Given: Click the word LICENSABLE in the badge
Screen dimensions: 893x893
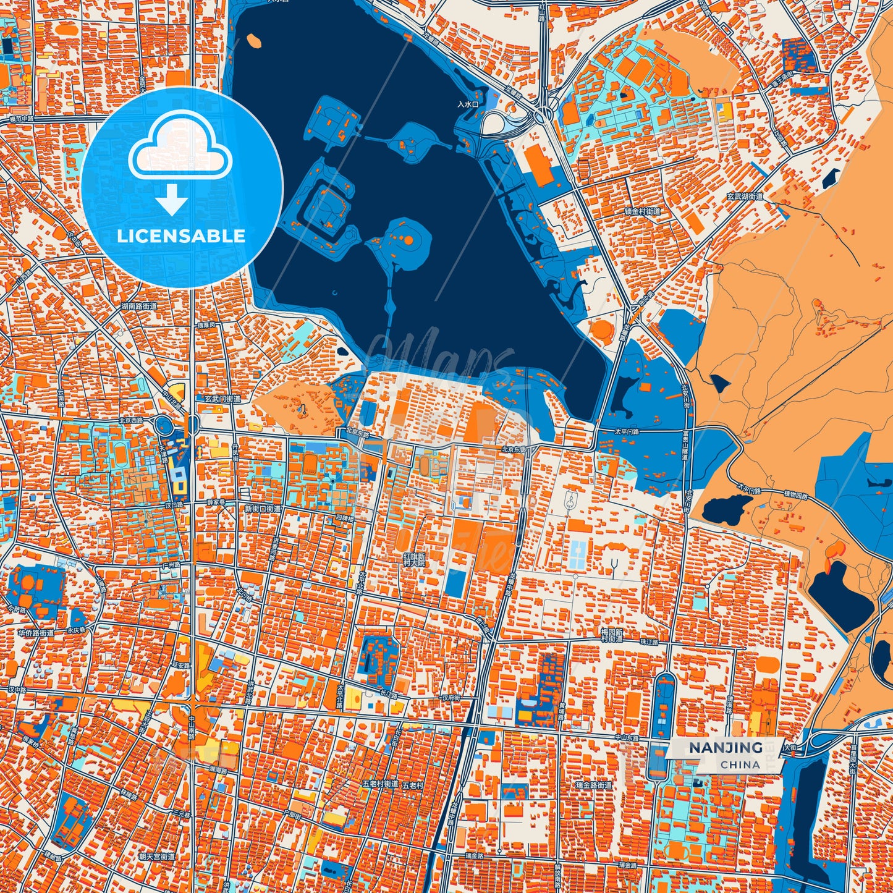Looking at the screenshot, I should pyautogui.click(x=181, y=236).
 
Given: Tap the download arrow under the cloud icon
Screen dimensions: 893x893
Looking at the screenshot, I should pyautogui.click(x=171, y=200).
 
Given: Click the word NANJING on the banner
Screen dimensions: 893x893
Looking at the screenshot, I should pyautogui.click(x=726, y=748).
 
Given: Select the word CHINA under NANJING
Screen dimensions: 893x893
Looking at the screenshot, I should pyautogui.click(x=740, y=764).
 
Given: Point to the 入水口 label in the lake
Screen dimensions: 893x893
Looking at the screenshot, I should pyautogui.click(x=468, y=104).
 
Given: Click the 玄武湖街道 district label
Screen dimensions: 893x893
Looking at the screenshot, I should pyautogui.click(x=745, y=197).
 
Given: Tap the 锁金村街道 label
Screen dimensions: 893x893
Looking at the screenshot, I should pyautogui.click(x=642, y=211).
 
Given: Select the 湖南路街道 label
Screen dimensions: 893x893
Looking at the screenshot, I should pyautogui.click(x=139, y=306).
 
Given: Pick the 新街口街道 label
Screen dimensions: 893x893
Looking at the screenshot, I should pyautogui.click(x=263, y=509).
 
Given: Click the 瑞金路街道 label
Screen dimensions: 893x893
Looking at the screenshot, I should pyautogui.click(x=593, y=785).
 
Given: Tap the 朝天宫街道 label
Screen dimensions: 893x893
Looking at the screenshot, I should pyautogui.click(x=157, y=857).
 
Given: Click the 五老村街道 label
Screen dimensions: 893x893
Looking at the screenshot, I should pyautogui.click(x=380, y=784).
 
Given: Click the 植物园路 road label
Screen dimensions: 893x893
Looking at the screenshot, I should pyautogui.click(x=796, y=494).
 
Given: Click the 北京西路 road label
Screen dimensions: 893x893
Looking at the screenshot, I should pyautogui.click(x=131, y=420).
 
